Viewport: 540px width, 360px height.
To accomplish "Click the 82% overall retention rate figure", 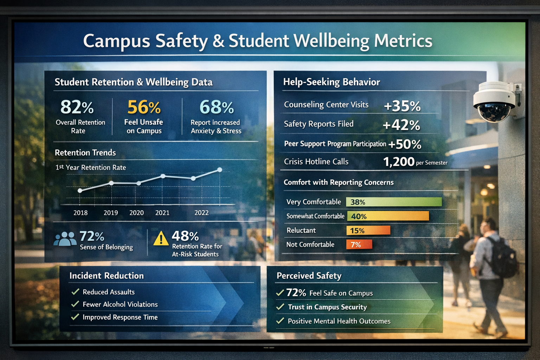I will [x=77, y=107].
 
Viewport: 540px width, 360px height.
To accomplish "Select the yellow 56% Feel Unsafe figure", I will [x=144, y=107].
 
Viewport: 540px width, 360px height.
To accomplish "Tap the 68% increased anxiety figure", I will [x=217, y=107].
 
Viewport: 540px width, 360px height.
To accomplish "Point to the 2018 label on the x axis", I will [x=81, y=213].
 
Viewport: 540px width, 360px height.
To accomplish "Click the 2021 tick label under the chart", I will [x=162, y=213].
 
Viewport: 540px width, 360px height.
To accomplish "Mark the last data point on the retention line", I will [x=220, y=170].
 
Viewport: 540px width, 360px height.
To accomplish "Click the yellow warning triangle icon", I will [x=161, y=238].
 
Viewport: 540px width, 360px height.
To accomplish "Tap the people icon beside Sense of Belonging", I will [x=65, y=239].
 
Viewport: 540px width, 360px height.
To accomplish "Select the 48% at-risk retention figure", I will [x=185, y=236].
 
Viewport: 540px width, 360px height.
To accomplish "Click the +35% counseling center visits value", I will [x=402, y=106].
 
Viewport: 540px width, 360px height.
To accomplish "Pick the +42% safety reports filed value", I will [x=401, y=125].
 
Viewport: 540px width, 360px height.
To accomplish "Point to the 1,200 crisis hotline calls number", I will [x=399, y=162].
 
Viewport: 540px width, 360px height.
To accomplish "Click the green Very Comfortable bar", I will [x=394, y=202].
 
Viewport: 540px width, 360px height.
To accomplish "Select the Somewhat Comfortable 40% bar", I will [x=388, y=216].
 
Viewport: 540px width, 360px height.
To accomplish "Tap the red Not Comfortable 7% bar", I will [x=359, y=244].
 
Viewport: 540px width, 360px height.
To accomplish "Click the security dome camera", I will [x=495, y=102].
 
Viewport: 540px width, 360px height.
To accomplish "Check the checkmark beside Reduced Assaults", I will [x=75, y=292].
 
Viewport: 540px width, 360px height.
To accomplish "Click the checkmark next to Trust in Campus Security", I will [x=280, y=307].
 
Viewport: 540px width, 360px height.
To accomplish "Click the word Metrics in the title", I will [x=403, y=41].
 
